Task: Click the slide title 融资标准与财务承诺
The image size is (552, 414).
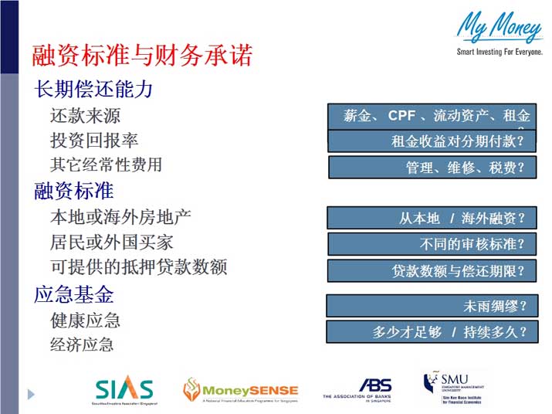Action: [x=141, y=56]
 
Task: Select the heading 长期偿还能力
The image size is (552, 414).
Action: [x=93, y=89]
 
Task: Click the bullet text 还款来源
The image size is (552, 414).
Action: [x=85, y=116]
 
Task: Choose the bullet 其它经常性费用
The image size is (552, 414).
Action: [x=106, y=165]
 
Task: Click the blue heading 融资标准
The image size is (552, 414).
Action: [x=73, y=190]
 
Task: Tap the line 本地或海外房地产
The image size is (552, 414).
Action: [x=120, y=217]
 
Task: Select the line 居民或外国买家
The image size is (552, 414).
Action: [x=111, y=242]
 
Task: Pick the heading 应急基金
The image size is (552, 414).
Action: [x=73, y=294]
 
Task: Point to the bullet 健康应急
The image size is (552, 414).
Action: [x=85, y=320]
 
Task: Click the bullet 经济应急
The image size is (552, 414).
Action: [x=82, y=344]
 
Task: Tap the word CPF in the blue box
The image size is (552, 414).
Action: [x=401, y=116]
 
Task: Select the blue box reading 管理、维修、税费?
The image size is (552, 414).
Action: [x=432, y=168]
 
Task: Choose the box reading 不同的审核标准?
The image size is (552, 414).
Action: [x=432, y=244]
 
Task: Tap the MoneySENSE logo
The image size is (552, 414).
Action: [x=240, y=391]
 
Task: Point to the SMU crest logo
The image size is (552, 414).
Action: [x=431, y=384]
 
